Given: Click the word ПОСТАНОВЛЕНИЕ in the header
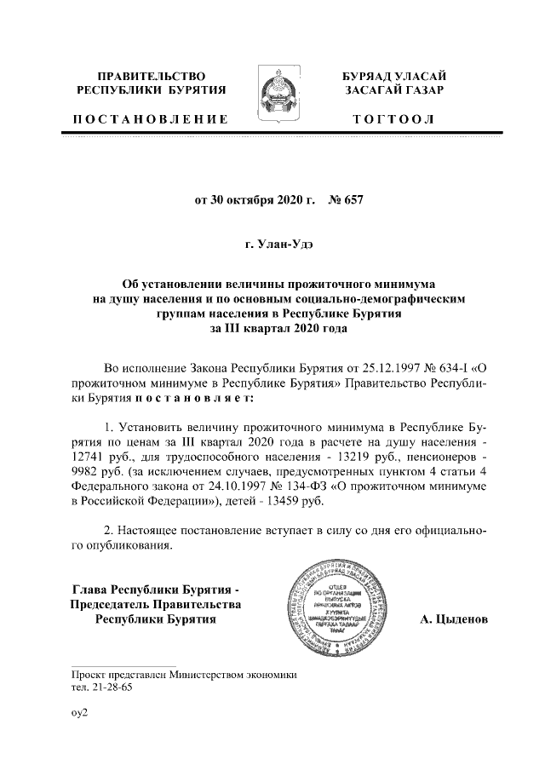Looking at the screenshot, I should point(150,118).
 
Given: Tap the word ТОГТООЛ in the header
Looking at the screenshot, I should point(394,118).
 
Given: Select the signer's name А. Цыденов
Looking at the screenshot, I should point(453,619).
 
